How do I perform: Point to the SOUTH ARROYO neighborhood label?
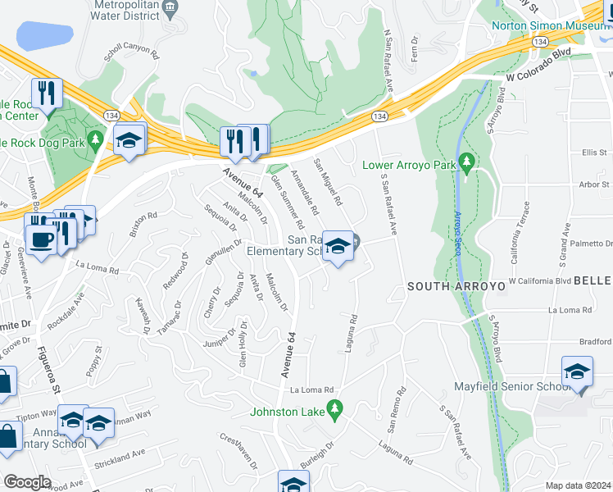[x=449, y=287]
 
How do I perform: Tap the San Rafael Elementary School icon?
[x=337, y=247]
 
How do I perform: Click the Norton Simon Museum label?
[x=549, y=25]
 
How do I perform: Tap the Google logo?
[x=28, y=481]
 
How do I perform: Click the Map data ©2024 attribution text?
[x=578, y=485]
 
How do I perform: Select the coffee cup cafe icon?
[x=39, y=239]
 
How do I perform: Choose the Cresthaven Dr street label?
[x=240, y=450]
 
